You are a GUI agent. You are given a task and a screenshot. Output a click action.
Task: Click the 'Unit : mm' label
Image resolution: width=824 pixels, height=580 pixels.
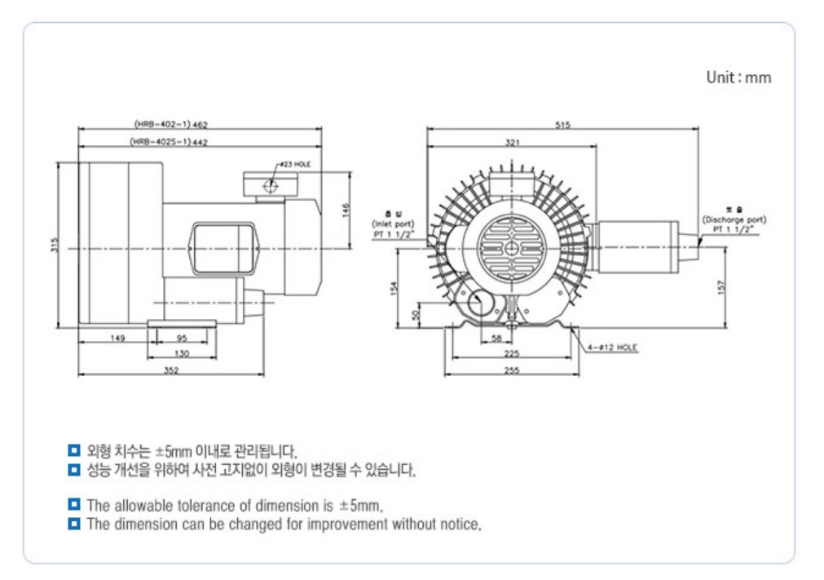tap(738, 77)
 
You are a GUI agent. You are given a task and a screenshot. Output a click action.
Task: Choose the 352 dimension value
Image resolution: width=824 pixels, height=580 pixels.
tap(170, 370)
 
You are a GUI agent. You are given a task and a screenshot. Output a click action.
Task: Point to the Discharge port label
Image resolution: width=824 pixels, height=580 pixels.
tap(734, 221)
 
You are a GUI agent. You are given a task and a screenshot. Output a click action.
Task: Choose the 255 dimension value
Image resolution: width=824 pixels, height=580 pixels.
tap(511, 370)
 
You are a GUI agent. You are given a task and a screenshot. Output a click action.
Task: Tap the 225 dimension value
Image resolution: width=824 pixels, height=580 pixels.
tap(511, 354)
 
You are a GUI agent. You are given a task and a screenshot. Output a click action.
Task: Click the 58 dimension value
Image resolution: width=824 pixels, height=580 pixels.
tap(497, 339)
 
